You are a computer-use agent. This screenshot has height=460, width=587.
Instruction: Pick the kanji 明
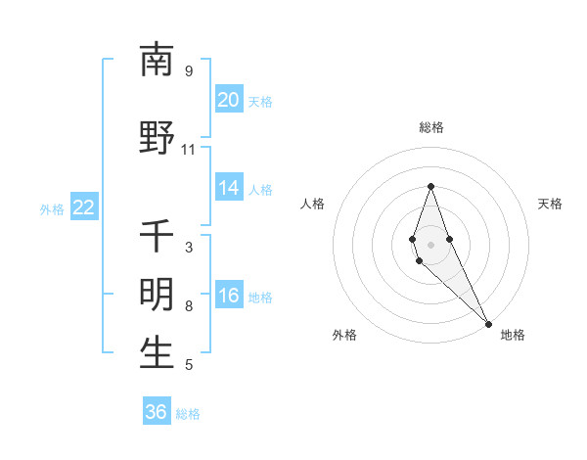click(x=158, y=295)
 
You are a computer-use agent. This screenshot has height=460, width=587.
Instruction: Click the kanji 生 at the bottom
click(x=158, y=353)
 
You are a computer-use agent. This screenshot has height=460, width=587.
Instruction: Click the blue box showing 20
click(x=229, y=100)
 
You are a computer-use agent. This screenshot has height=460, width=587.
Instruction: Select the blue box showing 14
click(x=229, y=188)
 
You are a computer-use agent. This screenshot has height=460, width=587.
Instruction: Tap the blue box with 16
click(x=229, y=297)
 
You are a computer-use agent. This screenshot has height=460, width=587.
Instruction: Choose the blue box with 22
click(x=84, y=207)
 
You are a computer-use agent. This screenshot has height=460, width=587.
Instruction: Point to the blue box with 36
click(x=157, y=412)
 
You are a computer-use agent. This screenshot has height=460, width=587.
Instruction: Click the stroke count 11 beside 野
click(x=188, y=150)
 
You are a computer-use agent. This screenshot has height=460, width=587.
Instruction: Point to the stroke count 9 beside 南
click(x=188, y=71)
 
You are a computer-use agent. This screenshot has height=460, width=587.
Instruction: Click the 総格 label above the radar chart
click(x=430, y=127)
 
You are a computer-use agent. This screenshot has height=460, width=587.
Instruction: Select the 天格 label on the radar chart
click(x=551, y=204)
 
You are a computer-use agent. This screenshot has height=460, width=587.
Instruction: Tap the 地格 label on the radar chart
click(x=513, y=335)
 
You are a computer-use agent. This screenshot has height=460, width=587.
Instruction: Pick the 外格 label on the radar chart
click(x=344, y=335)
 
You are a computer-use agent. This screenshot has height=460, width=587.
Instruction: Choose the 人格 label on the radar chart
click(x=312, y=204)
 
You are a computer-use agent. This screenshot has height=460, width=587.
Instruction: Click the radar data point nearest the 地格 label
click(x=488, y=323)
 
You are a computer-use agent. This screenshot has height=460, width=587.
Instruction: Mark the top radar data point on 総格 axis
click(x=430, y=186)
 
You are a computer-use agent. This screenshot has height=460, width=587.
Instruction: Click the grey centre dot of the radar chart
click(x=430, y=244)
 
